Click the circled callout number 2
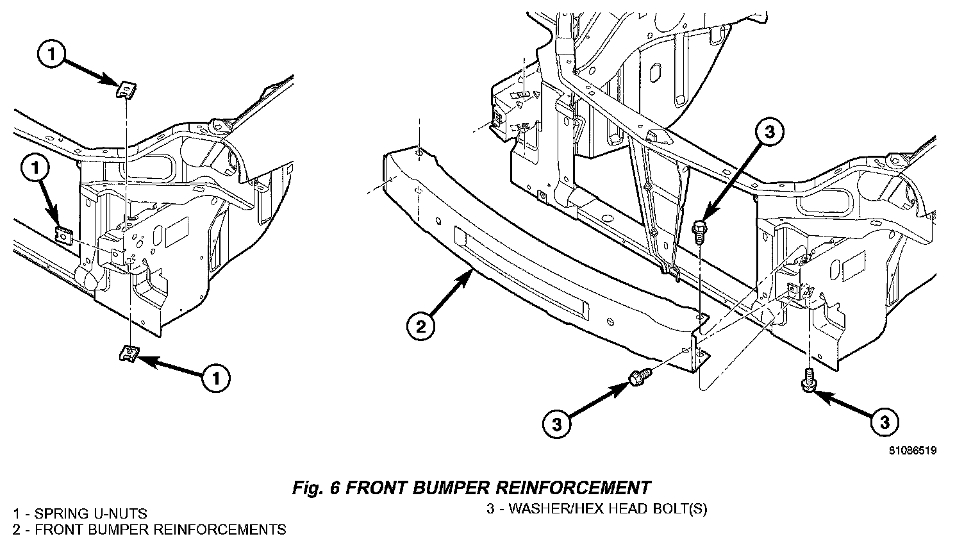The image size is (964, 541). (x=420, y=327)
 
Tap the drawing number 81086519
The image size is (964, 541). (x=913, y=451)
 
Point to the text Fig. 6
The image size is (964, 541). (x=315, y=488)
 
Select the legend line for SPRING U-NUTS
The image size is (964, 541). (x=80, y=513)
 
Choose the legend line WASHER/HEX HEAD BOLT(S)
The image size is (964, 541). (x=597, y=510)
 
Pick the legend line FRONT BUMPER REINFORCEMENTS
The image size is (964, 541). (x=149, y=529)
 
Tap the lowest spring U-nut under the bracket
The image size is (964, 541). (x=131, y=353)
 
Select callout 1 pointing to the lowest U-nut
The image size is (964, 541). (x=216, y=378)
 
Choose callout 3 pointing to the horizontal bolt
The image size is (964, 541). (x=557, y=423)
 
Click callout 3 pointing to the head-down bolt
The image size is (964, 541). (x=885, y=422)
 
